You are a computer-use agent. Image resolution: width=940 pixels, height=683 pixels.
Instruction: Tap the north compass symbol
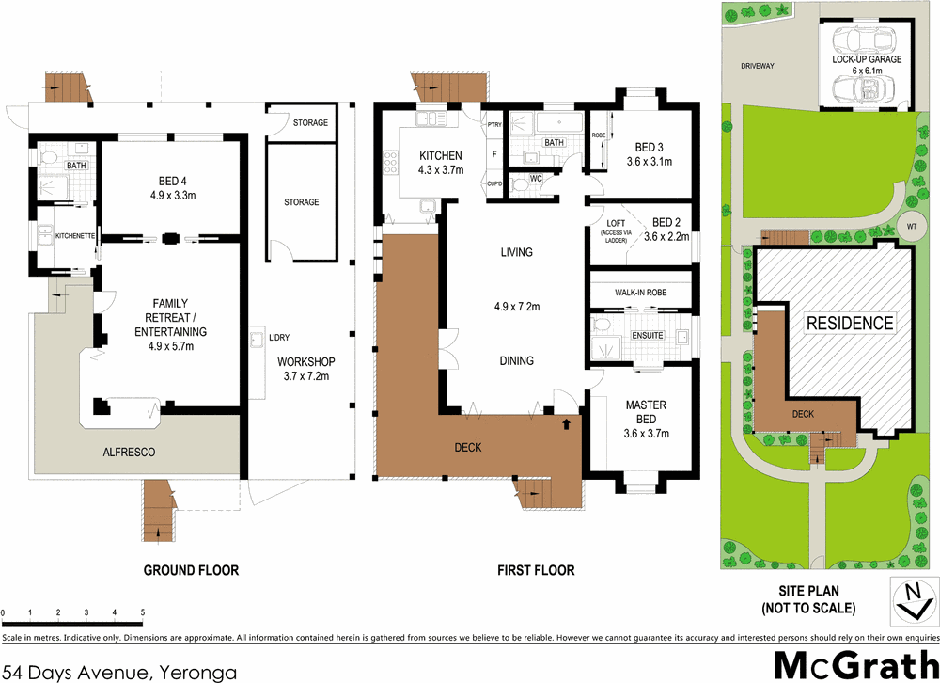pos(911,599)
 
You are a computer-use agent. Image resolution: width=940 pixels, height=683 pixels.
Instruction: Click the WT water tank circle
pos(911,228)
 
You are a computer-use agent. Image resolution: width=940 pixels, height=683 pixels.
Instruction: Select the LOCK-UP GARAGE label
pos(867,59)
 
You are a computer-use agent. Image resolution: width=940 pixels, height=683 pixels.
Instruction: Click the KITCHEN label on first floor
pos(441,156)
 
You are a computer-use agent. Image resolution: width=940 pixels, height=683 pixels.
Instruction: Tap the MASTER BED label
pos(645,405)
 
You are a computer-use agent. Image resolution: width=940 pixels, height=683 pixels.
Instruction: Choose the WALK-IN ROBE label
pos(640,293)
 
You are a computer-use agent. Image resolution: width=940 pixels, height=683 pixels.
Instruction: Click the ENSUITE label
pos(648,335)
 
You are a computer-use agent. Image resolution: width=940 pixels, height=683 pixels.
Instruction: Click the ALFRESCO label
pos(129,453)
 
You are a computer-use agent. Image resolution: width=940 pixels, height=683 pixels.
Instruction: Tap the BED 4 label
pos(170,183)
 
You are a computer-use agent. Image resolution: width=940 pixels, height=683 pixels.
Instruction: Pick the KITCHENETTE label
pos(76,235)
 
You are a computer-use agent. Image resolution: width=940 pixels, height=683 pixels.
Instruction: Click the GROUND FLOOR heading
pos(191,570)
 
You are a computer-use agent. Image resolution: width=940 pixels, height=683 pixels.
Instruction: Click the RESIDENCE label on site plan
pos(850,323)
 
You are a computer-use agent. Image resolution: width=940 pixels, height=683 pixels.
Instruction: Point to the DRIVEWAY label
pos(757,67)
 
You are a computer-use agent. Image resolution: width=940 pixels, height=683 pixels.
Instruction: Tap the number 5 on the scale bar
pos(142,613)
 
